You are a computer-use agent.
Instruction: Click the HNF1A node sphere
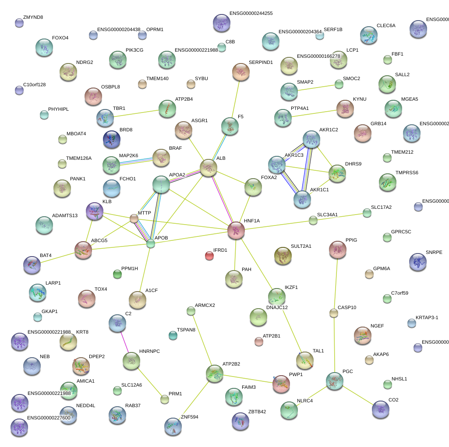[x=236, y=230]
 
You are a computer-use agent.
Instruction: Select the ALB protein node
[x=209, y=168]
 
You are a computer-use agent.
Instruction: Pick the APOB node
[x=151, y=244]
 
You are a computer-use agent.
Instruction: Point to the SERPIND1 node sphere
[x=240, y=72]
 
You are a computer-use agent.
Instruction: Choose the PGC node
[x=335, y=381]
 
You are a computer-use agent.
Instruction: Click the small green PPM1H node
[x=117, y=275]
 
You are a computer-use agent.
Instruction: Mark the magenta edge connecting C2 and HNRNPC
[x=124, y=342]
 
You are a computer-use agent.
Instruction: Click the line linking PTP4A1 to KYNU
[x=314, y=113]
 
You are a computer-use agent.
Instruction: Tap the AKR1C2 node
[x=311, y=139]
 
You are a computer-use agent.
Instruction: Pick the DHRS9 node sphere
[x=337, y=173]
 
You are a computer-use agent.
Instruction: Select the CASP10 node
[x=334, y=313]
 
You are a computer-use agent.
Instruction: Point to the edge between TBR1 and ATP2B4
[x=136, y=113]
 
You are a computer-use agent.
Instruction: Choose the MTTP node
[x=134, y=218]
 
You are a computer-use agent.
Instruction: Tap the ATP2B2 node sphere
[x=215, y=373]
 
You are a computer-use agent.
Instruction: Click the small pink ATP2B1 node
[x=259, y=341]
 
